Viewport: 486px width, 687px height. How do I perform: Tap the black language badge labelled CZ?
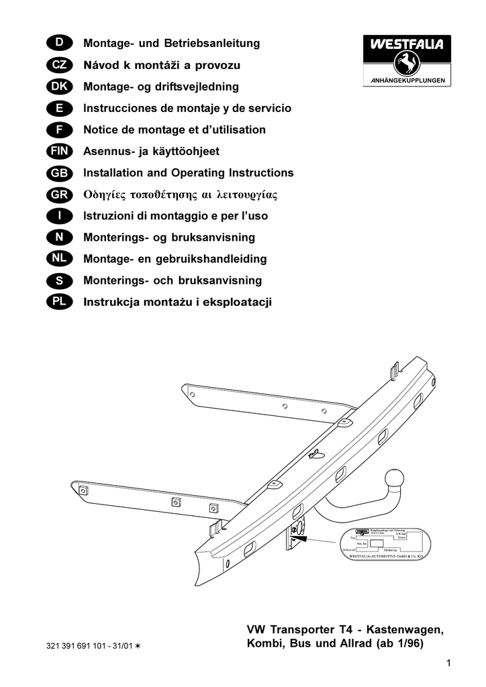(60, 66)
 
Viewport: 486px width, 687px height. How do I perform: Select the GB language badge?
(60, 173)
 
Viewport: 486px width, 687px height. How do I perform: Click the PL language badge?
(60, 302)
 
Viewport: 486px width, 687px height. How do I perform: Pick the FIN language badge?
(60, 152)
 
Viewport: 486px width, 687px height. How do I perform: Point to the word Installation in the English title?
(115, 173)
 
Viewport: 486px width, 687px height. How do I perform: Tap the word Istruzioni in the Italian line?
(110, 216)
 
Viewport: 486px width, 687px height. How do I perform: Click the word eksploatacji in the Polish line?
(240, 302)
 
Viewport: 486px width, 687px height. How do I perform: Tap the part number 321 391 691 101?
(78, 646)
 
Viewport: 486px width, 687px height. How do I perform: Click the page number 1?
(448, 664)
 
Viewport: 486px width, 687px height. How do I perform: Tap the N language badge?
(60, 237)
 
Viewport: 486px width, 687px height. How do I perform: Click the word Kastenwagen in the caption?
(404, 630)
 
